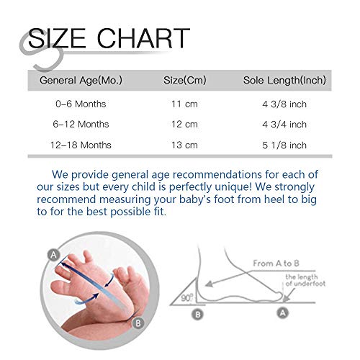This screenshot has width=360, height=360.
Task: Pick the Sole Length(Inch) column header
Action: tap(284, 80)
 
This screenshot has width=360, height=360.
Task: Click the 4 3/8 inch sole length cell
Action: tap(284, 104)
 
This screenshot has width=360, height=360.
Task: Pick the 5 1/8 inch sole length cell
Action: tap(284, 145)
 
